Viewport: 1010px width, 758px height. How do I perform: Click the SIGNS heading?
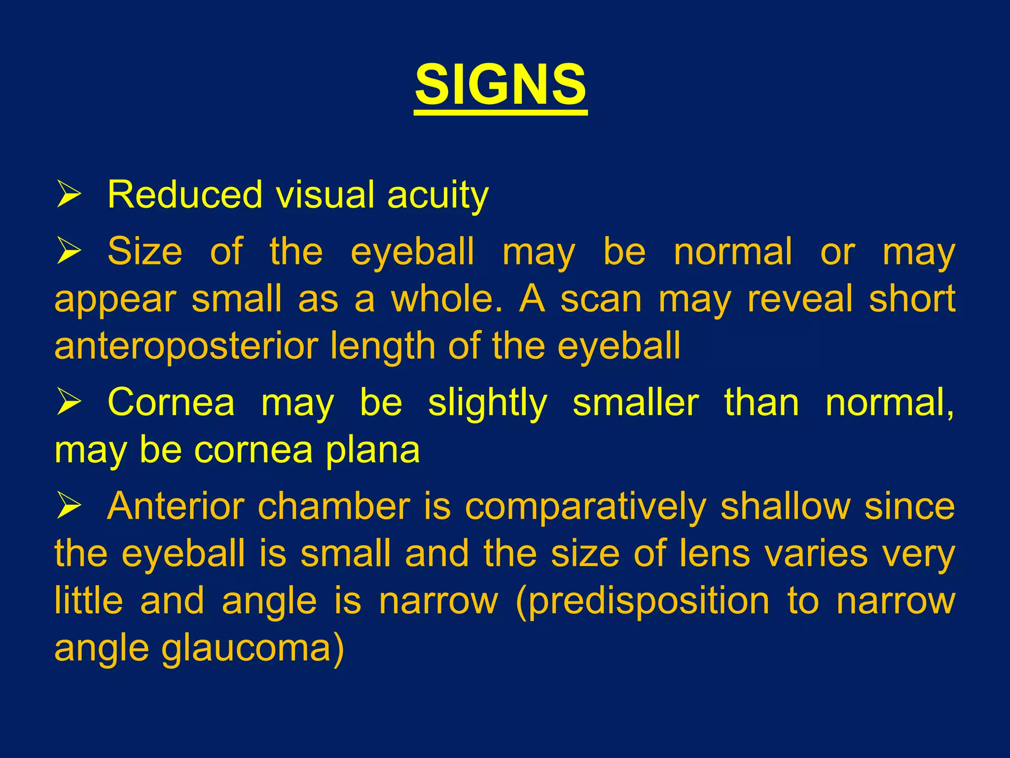click(x=501, y=85)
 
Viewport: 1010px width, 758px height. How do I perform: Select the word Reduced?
click(x=185, y=194)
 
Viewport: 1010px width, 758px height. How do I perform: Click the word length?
click(x=384, y=346)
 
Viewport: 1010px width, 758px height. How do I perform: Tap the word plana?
click(x=372, y=450)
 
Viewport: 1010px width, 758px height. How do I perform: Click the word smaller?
click(x=635, y=403)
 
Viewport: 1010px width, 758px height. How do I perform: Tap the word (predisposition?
click(x=642, y=601)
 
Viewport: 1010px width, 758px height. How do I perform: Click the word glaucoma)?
click(x=253, y=648)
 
